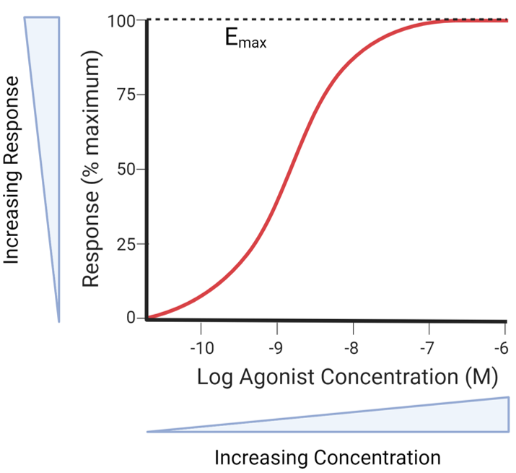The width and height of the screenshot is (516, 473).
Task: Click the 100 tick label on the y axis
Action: click(122, 20)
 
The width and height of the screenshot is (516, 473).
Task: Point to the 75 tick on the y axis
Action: click(126, 95)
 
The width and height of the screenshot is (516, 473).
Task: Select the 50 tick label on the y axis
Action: click(126, 170)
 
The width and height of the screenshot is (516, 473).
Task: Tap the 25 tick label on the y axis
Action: click(126, 243)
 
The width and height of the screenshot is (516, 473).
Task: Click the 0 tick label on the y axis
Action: click(131, 318)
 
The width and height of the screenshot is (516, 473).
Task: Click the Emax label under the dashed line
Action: click(245, 39)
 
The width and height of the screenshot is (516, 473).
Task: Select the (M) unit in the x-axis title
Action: click(478, 377)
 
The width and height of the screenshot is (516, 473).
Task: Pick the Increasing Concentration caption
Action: click(327, 458)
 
